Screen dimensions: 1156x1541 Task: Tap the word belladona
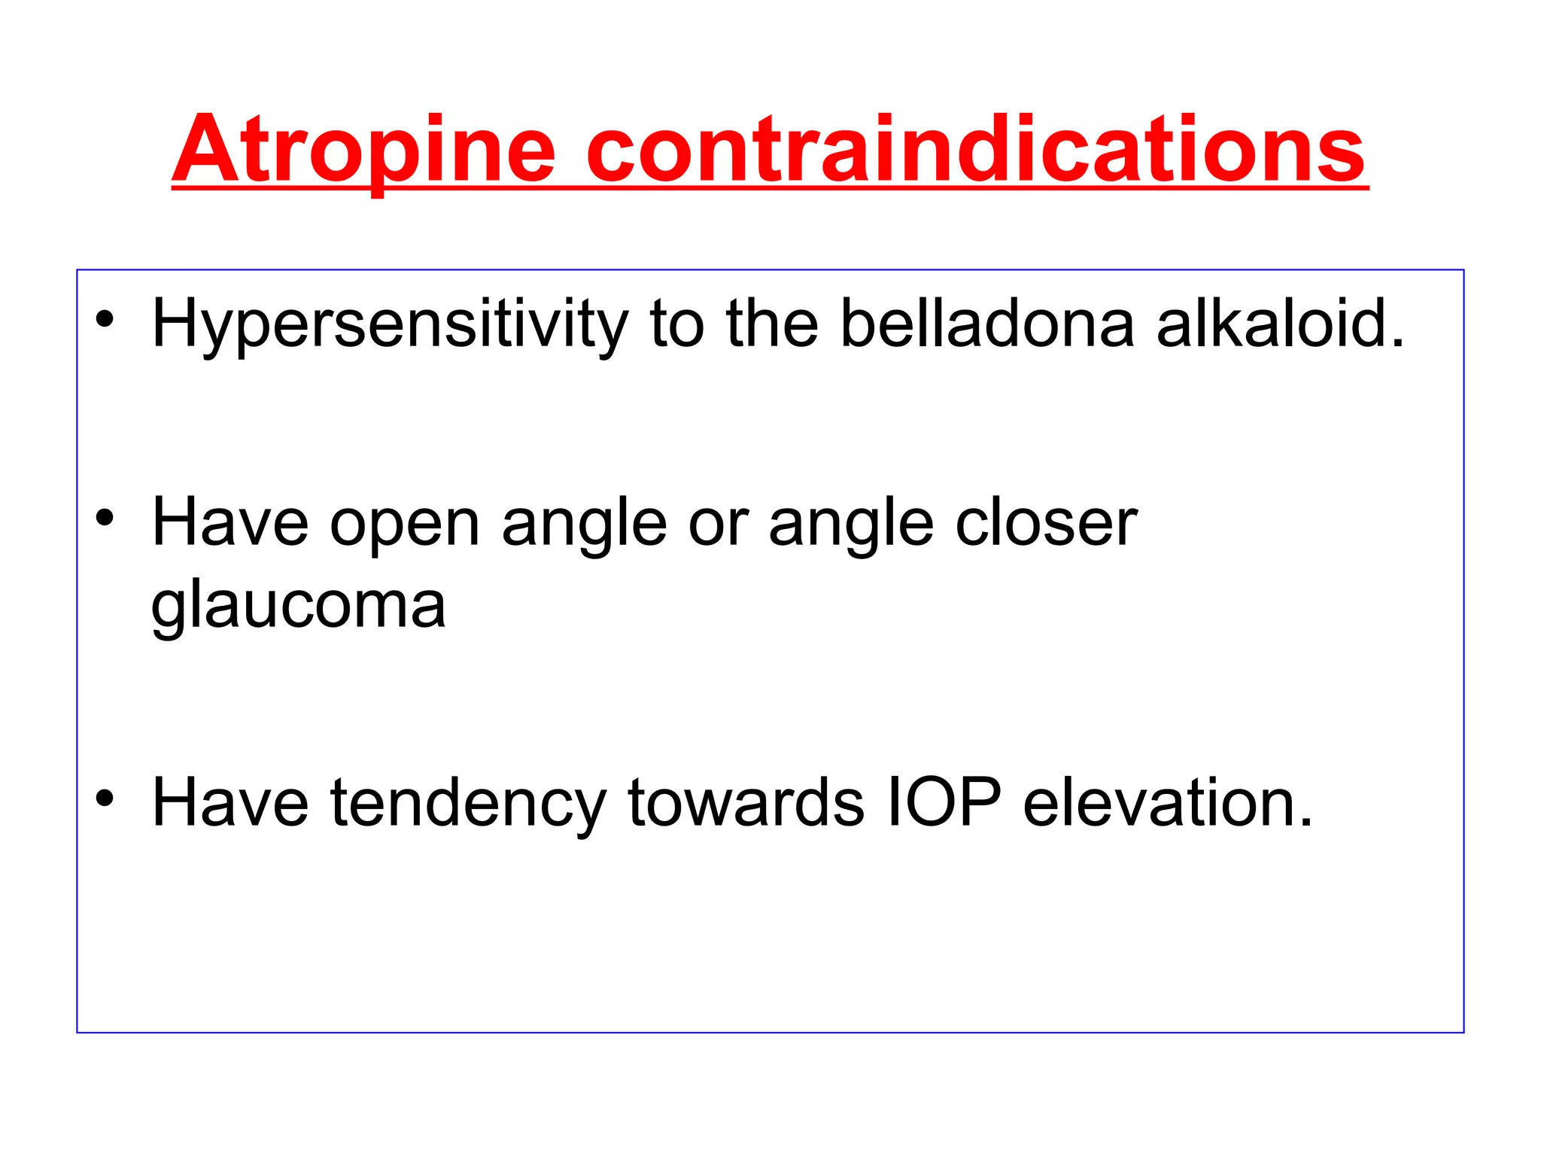(986, 324)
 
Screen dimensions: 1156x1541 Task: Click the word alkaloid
(1280, 324)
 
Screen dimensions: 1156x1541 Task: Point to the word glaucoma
(299, 607)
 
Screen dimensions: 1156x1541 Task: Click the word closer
(1046, 522)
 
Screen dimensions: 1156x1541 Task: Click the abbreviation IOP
(944, 802)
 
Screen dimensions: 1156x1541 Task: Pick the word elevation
(1168, 802)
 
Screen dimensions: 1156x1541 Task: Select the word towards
(746, 802)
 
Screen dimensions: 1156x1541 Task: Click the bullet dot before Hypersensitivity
(105, 319)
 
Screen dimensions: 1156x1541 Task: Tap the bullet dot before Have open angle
(105, 518)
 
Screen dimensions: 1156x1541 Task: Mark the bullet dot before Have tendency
(105, 798)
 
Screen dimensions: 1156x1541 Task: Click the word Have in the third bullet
(230, 802)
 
